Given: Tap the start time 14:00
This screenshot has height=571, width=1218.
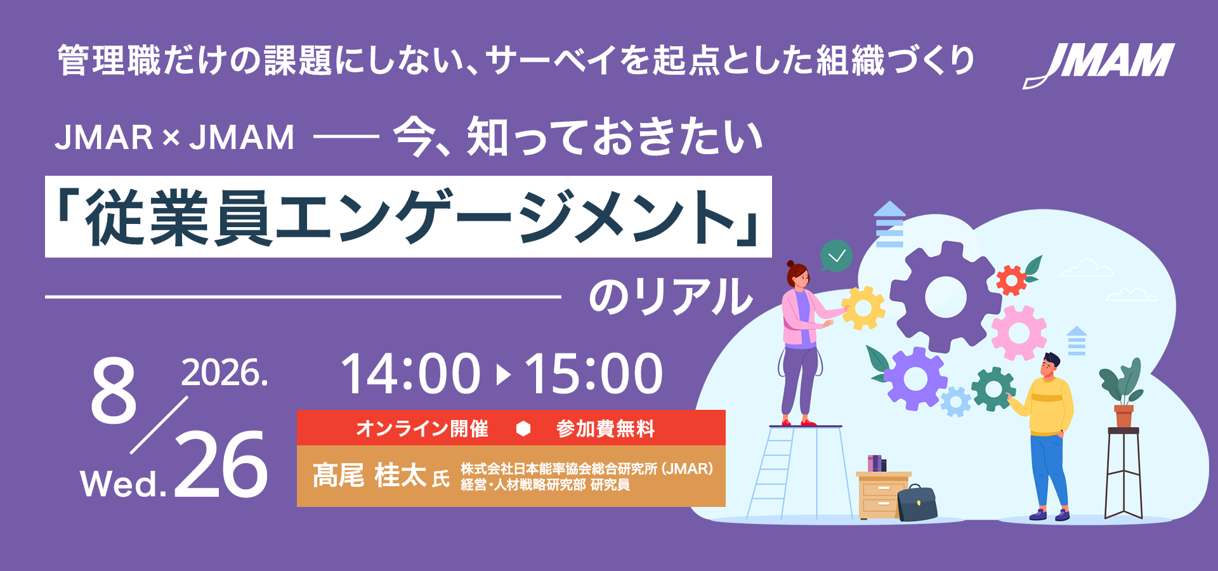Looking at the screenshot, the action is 410,374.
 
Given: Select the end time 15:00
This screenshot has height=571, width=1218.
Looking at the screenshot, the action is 593,374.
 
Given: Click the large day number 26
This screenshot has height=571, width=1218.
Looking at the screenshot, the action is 221,464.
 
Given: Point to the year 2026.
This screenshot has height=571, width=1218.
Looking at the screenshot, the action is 225,372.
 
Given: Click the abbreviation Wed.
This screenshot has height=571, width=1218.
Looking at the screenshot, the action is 124,484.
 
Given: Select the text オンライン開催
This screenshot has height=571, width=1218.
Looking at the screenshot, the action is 422,428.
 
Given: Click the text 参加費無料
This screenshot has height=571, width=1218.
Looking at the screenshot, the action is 605,428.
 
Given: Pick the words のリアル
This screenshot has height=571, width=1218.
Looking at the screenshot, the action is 671,296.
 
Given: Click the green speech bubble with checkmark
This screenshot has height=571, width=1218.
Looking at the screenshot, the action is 835,256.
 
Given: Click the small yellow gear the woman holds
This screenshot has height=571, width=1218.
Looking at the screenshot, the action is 863,308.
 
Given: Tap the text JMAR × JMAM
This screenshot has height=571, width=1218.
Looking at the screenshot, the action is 175,138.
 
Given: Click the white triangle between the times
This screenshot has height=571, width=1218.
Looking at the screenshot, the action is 503,374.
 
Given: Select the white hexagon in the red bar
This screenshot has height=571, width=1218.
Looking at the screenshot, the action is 523,429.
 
